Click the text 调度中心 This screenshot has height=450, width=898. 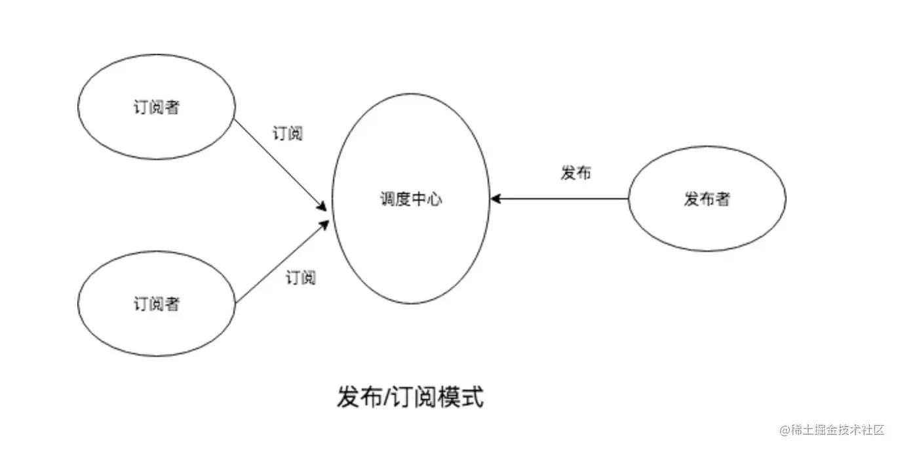click(x=411, y=199)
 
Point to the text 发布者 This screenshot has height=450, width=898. click(x=707, y=199)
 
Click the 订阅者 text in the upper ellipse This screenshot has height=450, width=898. click(x=156, y=107)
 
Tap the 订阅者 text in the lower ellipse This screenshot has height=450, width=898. click(x=156, y=304)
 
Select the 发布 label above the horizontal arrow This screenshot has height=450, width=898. click(x=576, y=173)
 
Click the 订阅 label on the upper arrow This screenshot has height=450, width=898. click(x=287, y=133)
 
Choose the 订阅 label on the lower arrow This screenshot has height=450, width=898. click(x=300, y=277)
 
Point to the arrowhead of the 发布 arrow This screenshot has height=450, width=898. click(x=495, y=199)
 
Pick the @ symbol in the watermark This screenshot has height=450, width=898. click(x=785, y=430)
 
